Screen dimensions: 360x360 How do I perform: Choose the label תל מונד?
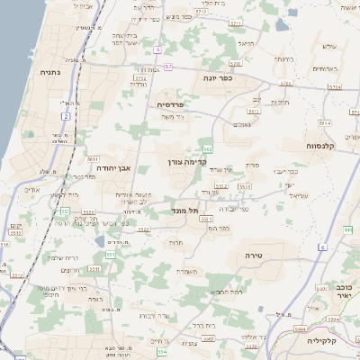point(184,210)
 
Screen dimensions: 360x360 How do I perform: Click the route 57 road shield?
point(166,67)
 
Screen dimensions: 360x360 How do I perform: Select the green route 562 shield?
point(208,148)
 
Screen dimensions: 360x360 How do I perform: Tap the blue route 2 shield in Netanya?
point(66,116)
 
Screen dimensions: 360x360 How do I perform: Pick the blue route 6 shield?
point(321,245)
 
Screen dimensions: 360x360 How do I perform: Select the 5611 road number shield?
point(93,158)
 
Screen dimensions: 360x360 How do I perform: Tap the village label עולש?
point(328,46)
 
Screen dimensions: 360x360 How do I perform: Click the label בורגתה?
point(283,59)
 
